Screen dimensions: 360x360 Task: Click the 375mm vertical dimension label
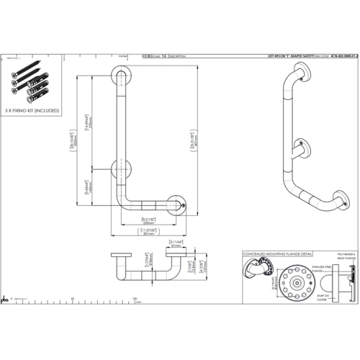click(89, 125)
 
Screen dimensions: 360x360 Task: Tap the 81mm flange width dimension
click(177, 244)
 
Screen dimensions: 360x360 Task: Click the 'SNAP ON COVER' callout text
click(320, 296)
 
